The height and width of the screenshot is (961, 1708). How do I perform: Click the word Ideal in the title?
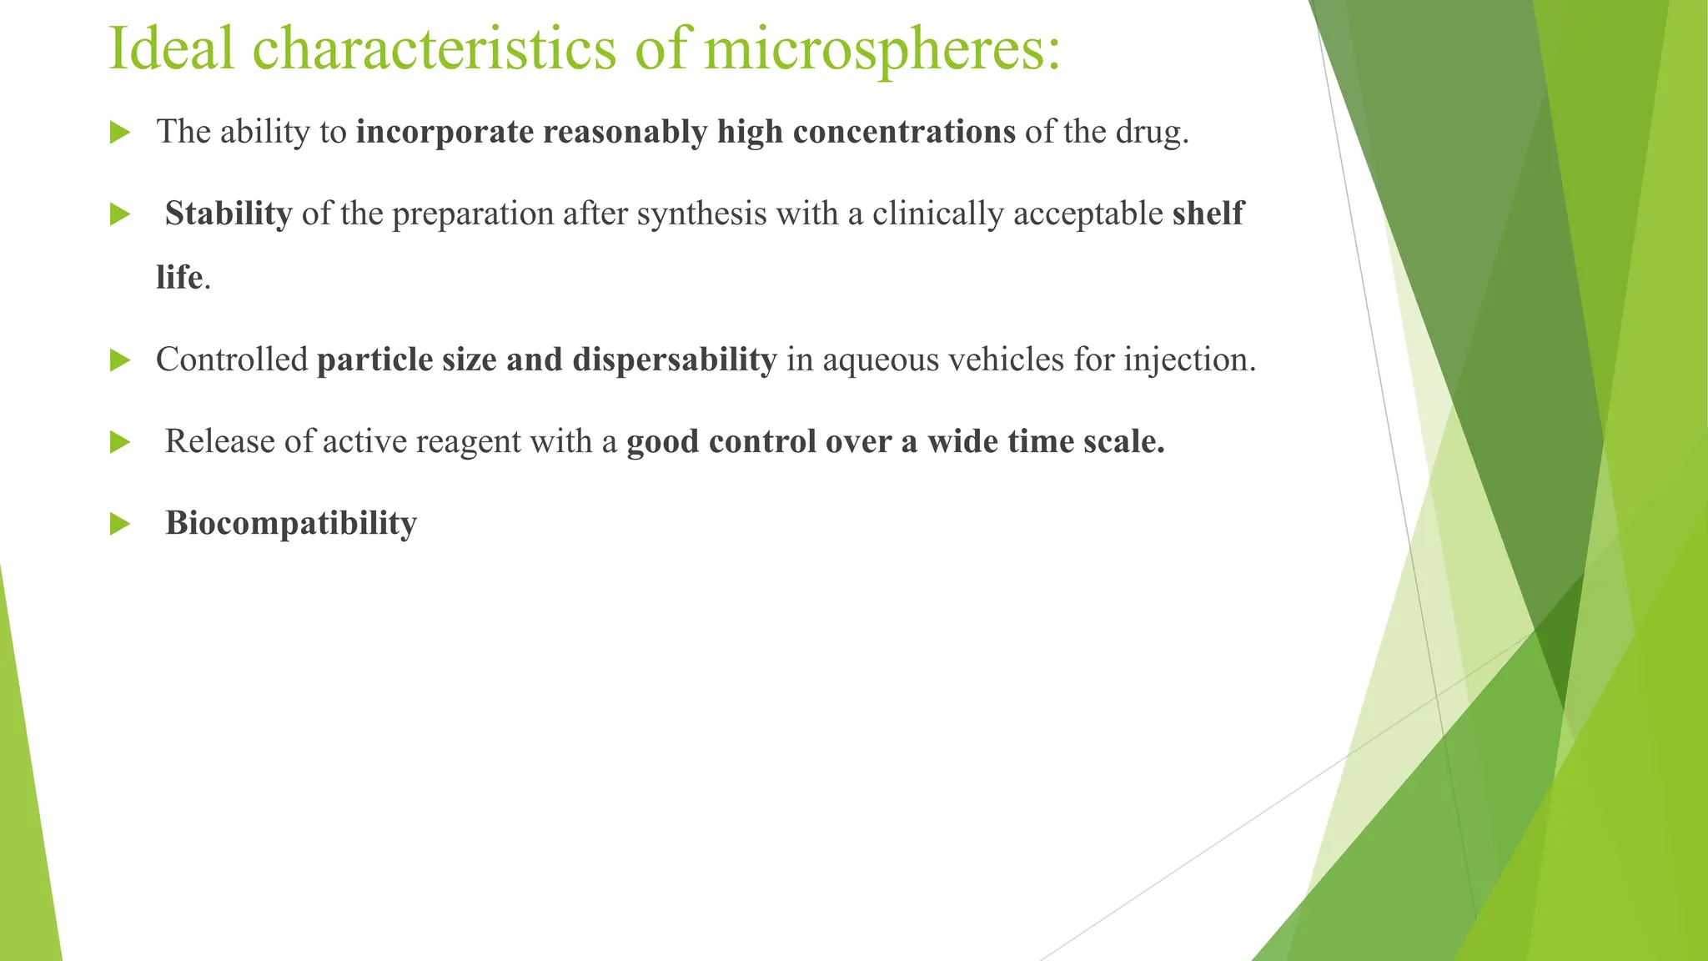pos(172,48)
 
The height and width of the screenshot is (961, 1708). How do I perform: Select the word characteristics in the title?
pos(435,48)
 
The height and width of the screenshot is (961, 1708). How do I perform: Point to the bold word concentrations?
pos(904,133)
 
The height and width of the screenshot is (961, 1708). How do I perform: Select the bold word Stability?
pos(229,214)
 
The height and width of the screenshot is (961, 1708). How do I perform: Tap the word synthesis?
pos(701,214)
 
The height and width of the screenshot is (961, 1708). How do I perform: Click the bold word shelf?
pos(1208,214)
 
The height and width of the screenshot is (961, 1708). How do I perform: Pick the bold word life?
pos(179,278)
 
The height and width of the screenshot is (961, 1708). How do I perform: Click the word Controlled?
pos(232,360)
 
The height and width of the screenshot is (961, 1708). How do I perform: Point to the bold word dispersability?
pos(675,360)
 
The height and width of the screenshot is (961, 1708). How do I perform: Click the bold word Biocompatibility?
pos(291,524)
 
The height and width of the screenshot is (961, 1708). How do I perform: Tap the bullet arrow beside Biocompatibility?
pos(120,525)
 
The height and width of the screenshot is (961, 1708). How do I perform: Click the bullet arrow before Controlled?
pos(120,361)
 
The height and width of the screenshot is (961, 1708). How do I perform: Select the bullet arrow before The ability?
pos(120,133)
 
